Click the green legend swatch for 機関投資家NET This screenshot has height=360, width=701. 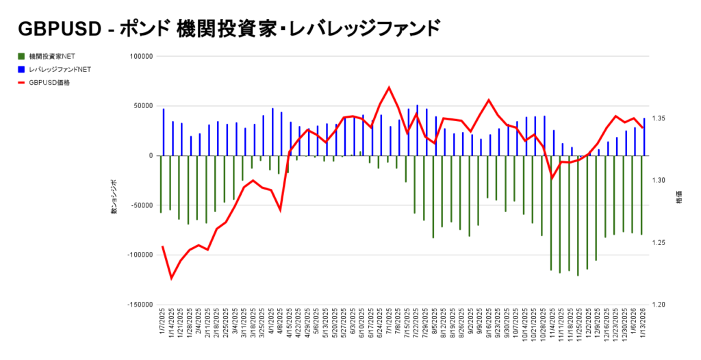[22, 56]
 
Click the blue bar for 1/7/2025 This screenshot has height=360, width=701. [164, 132]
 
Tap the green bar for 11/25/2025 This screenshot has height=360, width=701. [578, 216]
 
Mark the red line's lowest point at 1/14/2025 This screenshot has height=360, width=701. [171, 278]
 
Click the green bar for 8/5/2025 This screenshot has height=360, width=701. [433, 196]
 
